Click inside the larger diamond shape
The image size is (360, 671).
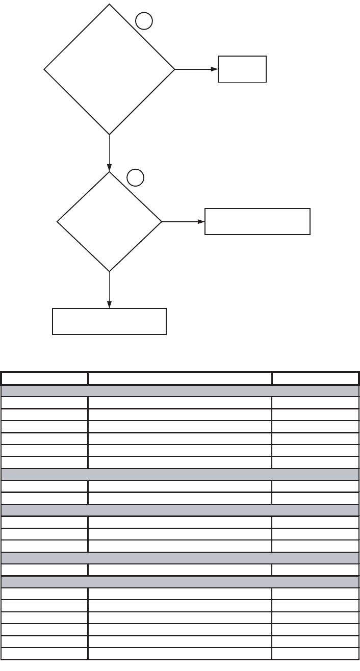(x=109, y=69)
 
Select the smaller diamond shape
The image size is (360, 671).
(x=109, y=222)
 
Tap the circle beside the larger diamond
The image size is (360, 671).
(x=144, y=21)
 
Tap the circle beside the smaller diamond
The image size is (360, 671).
(x=135, y=177)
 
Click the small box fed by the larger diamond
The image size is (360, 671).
(x=242, y=69)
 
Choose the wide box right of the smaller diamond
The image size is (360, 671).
(x=257, y=221)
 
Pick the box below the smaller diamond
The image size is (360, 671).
(x=109, y=321)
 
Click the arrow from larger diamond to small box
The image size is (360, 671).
(x=196, y=69)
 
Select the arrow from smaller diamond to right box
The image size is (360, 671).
(x=183, y=222)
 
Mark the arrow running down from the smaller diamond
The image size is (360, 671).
(x=109, y=290)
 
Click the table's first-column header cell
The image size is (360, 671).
(x=44, y=379)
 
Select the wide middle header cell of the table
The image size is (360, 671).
(x=179, y=379)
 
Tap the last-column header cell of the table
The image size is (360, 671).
(x=315, y=379)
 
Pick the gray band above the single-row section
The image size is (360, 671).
(x=179, y=558)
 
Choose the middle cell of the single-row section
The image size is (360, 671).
(x=179, y=570)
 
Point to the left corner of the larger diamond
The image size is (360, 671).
(x=45, y=69)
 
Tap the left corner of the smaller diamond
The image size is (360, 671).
(x=58, y=222)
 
